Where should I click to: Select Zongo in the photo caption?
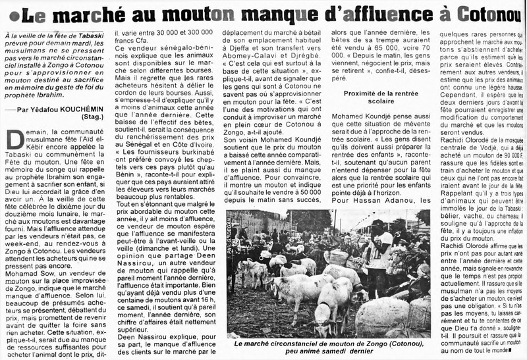[353, 342]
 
